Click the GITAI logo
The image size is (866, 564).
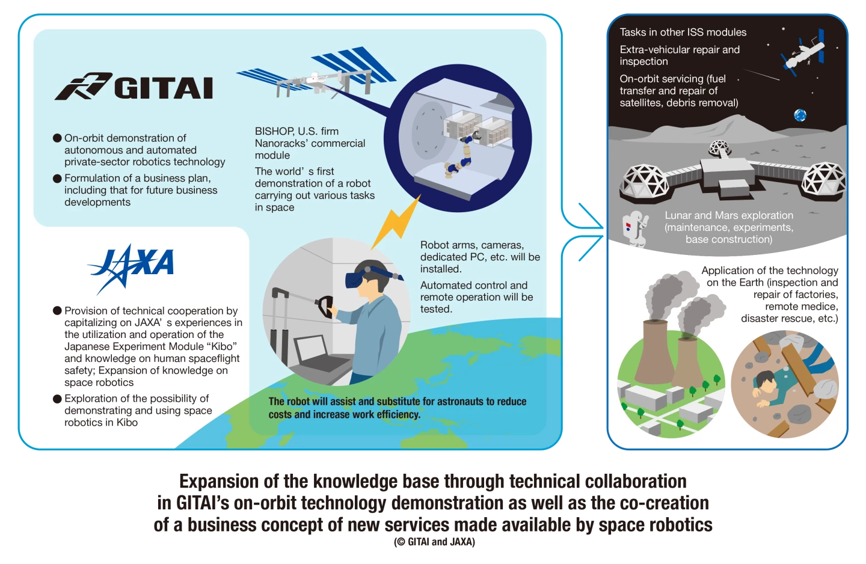pyautogui.click(x=134, y=87)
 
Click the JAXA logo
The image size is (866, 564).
pyautogui.click(x=132, y=268)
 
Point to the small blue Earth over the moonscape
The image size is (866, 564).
pyautogui.click(x=800, y=115)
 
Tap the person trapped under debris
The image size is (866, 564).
pyautogui.click(x=777, y=386)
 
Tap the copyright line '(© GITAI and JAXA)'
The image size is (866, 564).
pyautogui.click(x=435, y=542)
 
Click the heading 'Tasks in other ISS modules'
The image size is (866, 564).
pyautogui.click(x=683, y=32)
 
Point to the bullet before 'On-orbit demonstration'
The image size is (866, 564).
pyautogui.click(x=57, y=138)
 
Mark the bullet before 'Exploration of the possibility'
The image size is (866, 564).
pyautogui.click(x=57, y=399)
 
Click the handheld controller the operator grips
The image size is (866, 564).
pyautogui.click(x=325, y=306)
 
